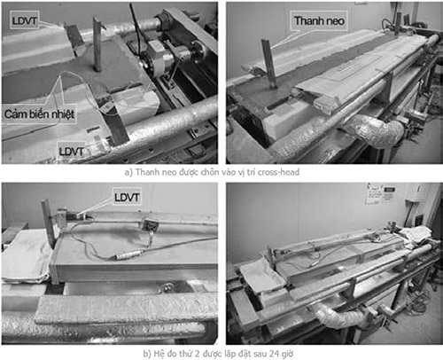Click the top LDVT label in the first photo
(24, 20)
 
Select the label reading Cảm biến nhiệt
(39, 113)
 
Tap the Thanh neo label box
(319, 20)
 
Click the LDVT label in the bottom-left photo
(127, 197)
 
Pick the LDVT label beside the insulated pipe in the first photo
(71, 152)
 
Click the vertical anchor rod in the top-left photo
(97, 43)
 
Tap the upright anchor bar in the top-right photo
(268, 63)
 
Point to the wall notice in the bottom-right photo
(381, 193)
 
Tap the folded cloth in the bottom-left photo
(27, 256)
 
